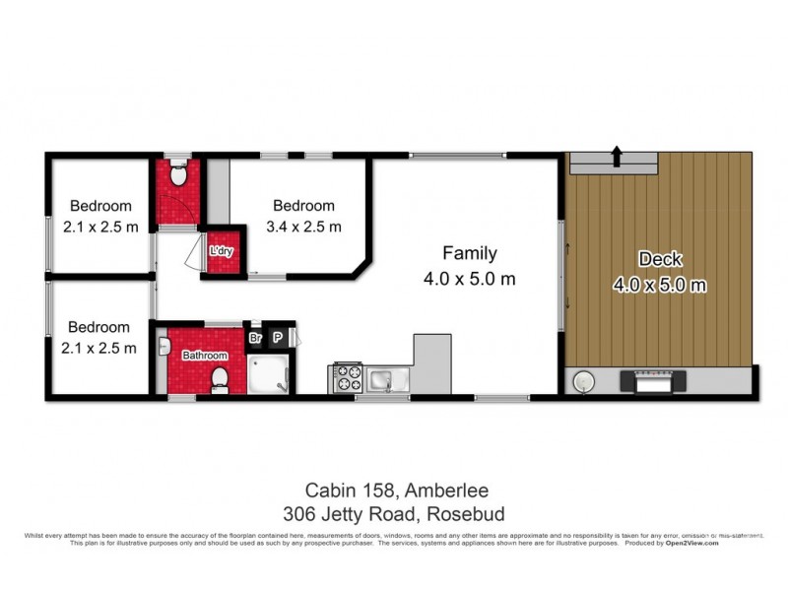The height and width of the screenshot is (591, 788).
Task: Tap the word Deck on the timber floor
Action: click(659, 260)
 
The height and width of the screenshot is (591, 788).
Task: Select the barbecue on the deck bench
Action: click(650, 379)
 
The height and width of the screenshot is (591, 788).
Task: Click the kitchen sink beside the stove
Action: click(382, 377)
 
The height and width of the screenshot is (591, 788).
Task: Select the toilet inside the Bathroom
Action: click(222, 377)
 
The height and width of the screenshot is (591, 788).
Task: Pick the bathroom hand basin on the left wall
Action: click(164, 347)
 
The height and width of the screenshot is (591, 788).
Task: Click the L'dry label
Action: click(219, 253)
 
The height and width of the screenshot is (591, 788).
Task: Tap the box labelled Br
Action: click(254, 337)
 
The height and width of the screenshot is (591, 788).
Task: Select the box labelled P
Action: click(278, 337)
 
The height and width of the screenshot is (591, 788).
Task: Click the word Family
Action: click(469, 253)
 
